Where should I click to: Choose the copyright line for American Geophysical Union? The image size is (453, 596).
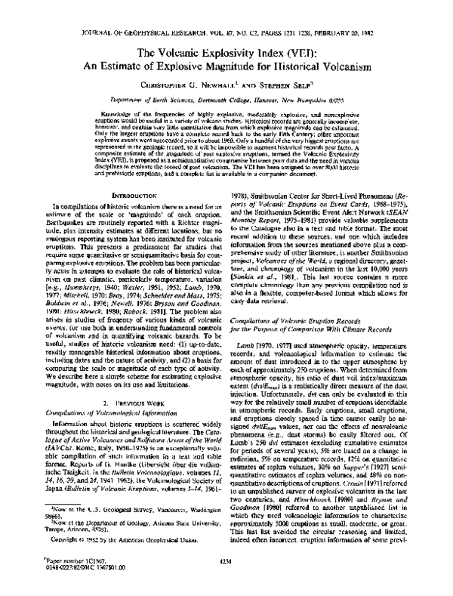(x=101, y=541)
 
